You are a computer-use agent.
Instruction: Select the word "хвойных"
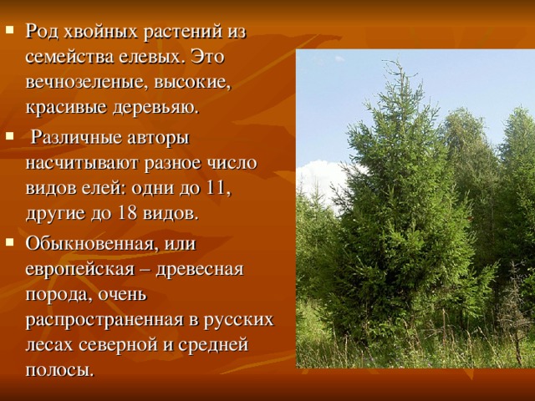(95, 32)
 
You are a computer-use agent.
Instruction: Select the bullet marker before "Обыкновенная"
(9, 243)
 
